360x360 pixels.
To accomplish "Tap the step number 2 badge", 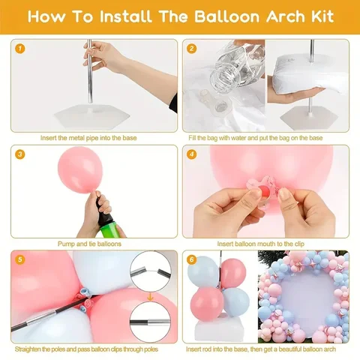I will pos(192,48).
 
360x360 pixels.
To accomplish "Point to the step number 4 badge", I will pos(192,154).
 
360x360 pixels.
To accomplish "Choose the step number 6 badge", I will pos(192,259).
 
